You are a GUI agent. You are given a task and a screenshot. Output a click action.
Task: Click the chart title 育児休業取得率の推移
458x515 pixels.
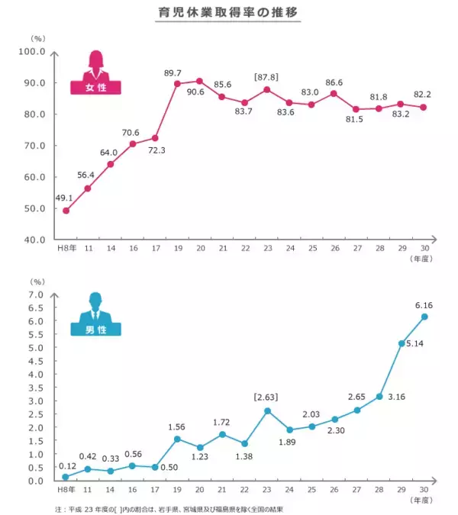pyautogui.click(x=228, y=14)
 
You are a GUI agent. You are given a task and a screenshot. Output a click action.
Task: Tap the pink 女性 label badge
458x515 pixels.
pyautogui.click(x=97, y=88)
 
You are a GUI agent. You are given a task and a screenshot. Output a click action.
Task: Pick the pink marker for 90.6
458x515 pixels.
pyautogui.click(x=199, y=81)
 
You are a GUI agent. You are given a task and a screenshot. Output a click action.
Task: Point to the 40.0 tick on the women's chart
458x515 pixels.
pyautogui.click(x=34, y=240)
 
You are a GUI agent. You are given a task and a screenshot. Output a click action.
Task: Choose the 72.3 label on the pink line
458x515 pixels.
pyautogui.click(x=155, y=151)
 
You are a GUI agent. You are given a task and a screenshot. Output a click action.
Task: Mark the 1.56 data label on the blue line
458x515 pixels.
pyautogui.click(x=177, y=426)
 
